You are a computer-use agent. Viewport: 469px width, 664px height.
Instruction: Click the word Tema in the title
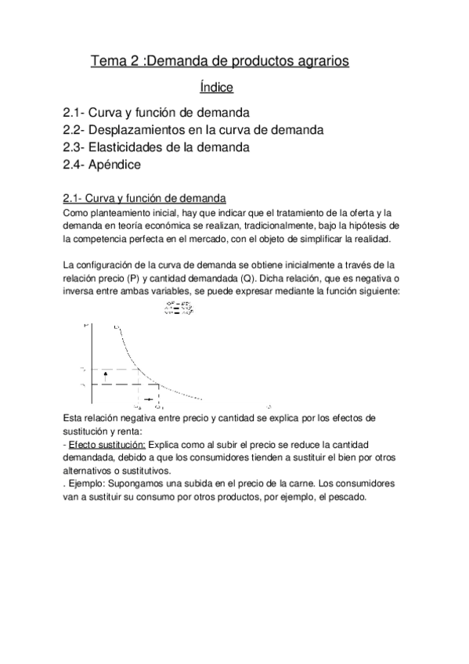106,60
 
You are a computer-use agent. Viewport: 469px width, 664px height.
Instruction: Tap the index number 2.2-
76,129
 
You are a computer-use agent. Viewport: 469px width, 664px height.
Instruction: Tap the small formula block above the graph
179,309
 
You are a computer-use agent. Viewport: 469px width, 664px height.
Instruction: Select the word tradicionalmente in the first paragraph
265,226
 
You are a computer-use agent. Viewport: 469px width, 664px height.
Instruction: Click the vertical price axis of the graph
92,360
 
